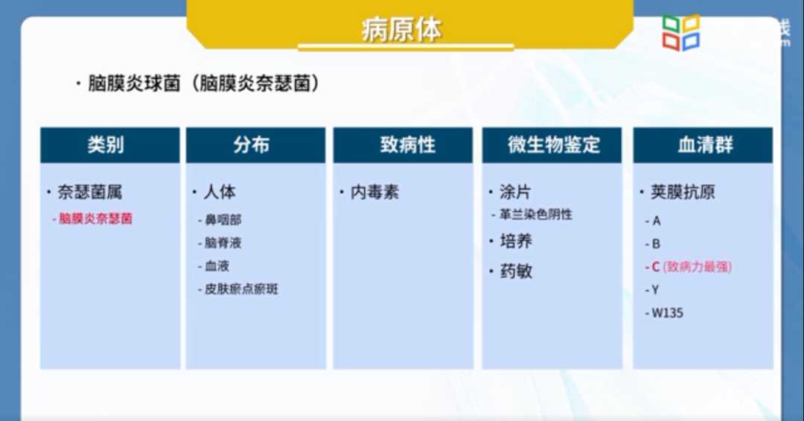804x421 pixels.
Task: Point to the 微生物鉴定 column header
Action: (553, 145)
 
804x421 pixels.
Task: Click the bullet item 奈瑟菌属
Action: (89, 192)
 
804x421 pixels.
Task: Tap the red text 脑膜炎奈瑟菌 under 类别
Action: (96, 219)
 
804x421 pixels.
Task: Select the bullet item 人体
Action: (219, 192)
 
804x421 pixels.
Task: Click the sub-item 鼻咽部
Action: (223, 221)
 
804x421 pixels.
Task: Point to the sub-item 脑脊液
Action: (223, 243)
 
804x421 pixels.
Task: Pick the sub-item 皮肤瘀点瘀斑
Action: (241, 289)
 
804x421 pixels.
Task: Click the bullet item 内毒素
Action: (374, 192)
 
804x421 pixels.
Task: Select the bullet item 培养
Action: (516, 241)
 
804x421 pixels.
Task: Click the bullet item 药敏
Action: (516, 271)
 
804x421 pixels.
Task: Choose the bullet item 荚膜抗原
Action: (683, 192)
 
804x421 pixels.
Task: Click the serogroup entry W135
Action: (667, 313)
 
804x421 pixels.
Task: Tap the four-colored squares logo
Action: (681, 33)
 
